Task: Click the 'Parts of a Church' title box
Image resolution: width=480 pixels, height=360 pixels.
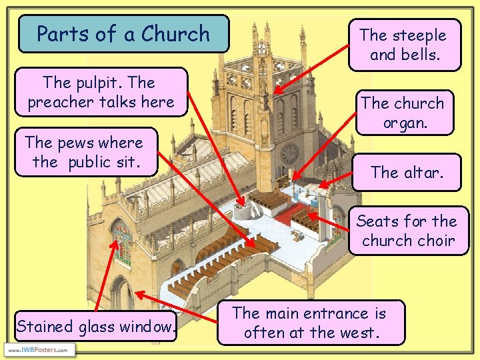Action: click(123, 33)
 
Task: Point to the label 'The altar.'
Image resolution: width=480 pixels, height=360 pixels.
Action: click(407, 172)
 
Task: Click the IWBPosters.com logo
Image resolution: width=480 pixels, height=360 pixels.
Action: click(40, 349)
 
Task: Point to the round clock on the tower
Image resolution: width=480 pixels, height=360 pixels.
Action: click(289, 154)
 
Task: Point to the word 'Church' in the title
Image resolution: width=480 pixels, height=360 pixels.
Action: click(175, 33)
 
